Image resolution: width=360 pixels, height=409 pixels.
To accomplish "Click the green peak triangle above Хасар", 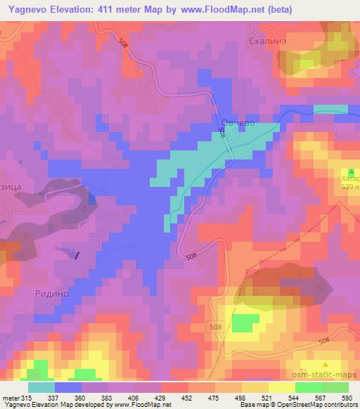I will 351,171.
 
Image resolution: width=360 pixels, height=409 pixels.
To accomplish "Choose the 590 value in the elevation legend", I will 345,397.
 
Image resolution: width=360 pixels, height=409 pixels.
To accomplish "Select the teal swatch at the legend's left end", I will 41,387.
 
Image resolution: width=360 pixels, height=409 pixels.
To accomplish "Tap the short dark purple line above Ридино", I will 77,256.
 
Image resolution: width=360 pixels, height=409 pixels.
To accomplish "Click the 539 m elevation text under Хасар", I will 349,188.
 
